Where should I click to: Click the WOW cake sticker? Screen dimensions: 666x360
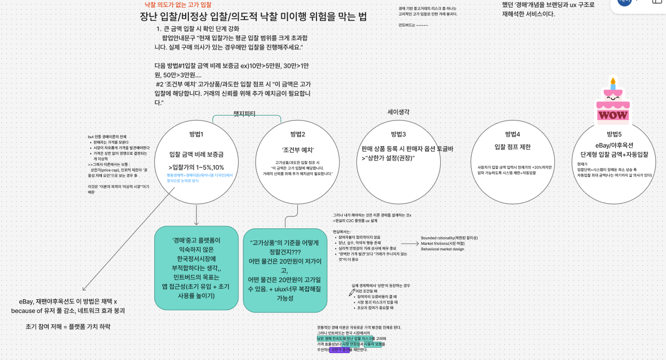pyautogui.click(x=613, y=107)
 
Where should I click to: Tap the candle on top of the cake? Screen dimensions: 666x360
pyautogui.click(x=613, y=83)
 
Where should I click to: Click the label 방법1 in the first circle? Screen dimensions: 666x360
pyautogui.click(x=196, y=134)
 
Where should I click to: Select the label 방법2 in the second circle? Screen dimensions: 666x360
pyautogui.click(x=297, y=134)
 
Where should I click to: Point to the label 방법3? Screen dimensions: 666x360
pyautogui.click(x=398, y=134)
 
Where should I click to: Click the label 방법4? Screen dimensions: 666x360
pyautogui.click(x=512, y=134)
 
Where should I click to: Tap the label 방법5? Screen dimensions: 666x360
pyautogui.click(x=614, y=134)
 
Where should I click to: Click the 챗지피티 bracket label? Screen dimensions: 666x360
pyautogui.click(x=244, y=114)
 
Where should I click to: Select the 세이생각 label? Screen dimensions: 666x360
pyautogui.click(x=398, y=112)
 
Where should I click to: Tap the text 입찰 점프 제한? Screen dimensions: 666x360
pyautogui.click(x=512, y=147)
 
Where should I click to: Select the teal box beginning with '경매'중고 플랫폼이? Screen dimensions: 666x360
pyautogui.click(x=196, y=268)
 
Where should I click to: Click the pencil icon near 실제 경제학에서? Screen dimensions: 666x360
pyautogui.click(x=352, y=292)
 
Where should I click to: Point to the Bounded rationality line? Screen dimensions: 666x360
pyautogui.click(x=449, y=238)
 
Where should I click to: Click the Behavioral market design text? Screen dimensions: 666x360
pyautogui.click(x=443, y=249)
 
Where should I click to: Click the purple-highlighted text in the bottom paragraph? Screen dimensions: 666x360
pyautogui.click(x=340, y=350)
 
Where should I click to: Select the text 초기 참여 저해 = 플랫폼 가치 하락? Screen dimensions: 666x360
pyautogui.click(x=68, y=326)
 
